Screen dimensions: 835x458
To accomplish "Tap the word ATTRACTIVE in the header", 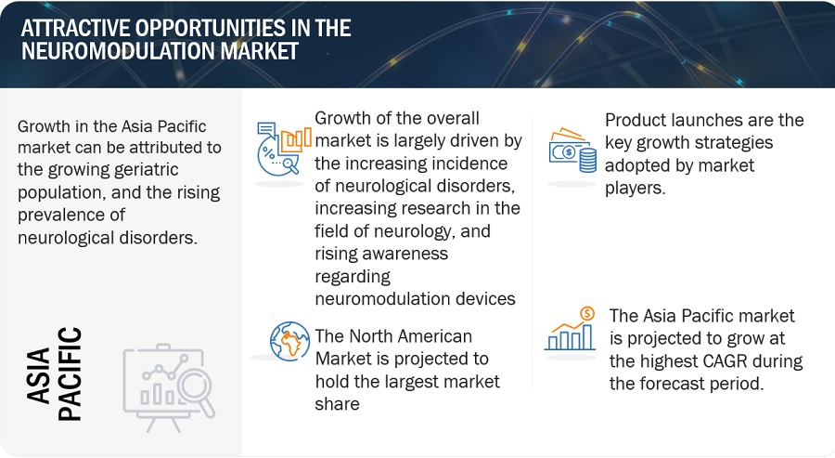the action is click(x=79, y=28).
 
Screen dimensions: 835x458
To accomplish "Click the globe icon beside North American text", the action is click(x=289, y=341).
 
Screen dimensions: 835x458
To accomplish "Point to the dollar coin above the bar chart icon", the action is click(x=587, y=313).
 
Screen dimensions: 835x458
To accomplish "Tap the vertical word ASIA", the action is click(x=38, y=376).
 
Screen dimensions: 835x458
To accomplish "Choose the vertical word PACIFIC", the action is click(x=70, y=373).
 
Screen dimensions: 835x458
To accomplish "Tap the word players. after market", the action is click(x=636, y=189).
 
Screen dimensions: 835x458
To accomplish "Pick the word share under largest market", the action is click(x=337, y=404).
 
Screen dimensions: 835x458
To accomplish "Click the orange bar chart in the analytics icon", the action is click(x=296, y=139).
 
